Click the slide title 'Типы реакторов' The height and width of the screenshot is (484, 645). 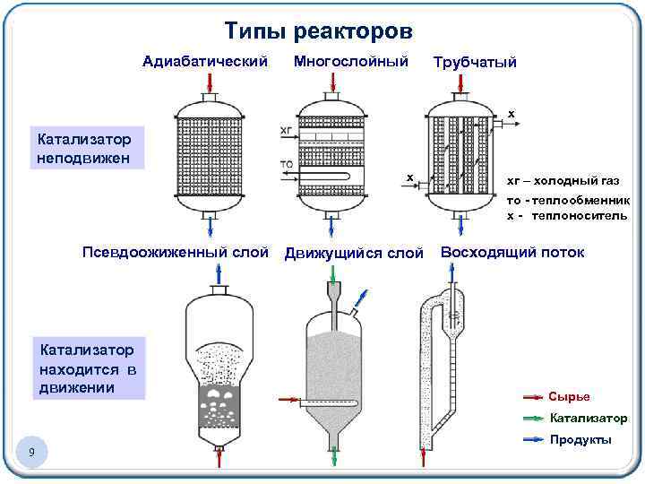(318, 32)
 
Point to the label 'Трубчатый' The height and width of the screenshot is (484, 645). (474, 63)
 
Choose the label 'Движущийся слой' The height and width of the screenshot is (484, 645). (353, 254)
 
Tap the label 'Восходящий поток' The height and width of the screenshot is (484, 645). (512, 253)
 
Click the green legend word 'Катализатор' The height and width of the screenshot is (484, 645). (588, 418)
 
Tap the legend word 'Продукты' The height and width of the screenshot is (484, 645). (580, 439)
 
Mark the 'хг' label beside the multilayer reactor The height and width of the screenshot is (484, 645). (286, 131)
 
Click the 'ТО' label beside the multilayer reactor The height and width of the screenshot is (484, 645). (287, 165)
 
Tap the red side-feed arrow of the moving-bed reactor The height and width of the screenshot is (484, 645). (290, 400)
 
